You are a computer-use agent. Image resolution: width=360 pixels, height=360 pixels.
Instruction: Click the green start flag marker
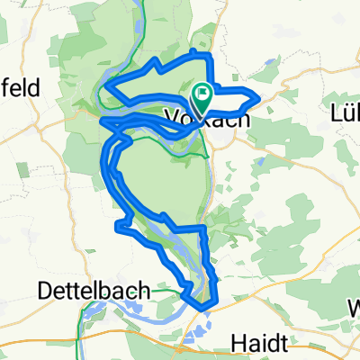202,93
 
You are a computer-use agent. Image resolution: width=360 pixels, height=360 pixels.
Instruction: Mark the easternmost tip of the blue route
260,95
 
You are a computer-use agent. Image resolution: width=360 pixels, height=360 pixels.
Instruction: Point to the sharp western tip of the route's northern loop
106,85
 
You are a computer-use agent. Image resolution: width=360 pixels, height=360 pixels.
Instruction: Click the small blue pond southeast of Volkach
259,162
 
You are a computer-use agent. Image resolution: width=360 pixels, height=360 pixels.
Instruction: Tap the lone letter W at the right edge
354,305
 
